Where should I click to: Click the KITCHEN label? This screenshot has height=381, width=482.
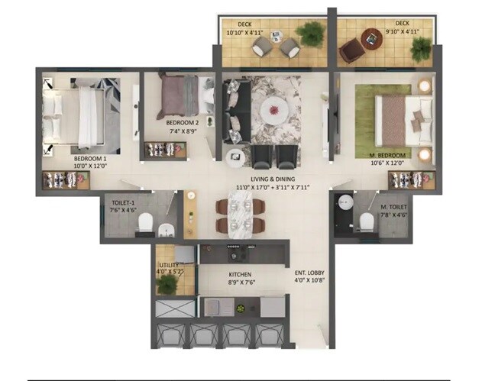click(x=240, y=274)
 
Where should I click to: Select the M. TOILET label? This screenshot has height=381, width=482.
click(x=394, y=207)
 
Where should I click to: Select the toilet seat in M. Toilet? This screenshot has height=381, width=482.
click(x=366, y=221)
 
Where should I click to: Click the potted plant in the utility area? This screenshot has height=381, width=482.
click(x=167, y=284)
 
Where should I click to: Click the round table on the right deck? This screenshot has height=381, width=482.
click(x=370, y=37)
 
